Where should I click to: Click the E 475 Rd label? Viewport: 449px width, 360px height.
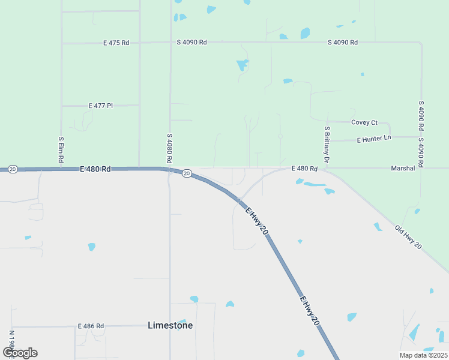(116, 43)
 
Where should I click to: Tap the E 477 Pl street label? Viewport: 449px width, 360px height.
(100, 106)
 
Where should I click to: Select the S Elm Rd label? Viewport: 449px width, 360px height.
(61, 149)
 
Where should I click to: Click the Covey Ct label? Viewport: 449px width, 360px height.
(364, 122)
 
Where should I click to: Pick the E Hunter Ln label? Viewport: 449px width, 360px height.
(373, 139)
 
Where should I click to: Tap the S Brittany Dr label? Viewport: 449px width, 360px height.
(327, 144)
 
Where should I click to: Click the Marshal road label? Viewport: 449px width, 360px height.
(403, 169)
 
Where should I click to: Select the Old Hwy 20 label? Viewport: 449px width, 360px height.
(408, 237)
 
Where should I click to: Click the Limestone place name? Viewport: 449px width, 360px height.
(170, 325)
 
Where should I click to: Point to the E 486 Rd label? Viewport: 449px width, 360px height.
(91, 326)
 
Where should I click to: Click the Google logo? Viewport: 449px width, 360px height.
(20, 352)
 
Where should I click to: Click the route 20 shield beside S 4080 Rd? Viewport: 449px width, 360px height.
(187, 173)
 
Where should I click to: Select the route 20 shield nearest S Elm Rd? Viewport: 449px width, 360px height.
(13, 170)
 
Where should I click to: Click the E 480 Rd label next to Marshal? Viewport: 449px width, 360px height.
(304, 169)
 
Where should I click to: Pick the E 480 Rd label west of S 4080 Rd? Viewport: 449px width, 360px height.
(95, 169)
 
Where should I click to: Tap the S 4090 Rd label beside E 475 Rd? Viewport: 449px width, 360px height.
(192, 43)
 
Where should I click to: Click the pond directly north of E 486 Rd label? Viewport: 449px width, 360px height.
(91, 247)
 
